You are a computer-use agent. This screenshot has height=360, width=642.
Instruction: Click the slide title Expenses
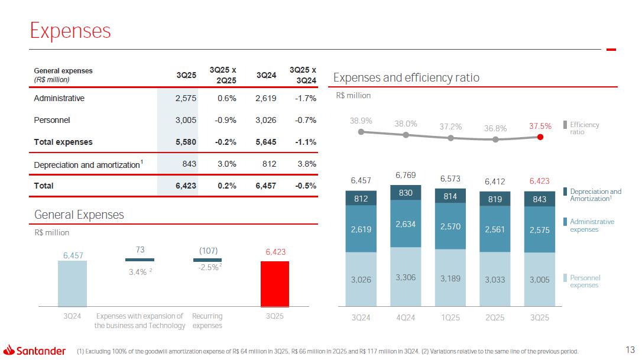[70, 30]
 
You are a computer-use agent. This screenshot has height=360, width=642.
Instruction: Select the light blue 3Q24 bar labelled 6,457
[72, 283]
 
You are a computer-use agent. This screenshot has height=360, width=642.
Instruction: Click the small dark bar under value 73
[140, 260]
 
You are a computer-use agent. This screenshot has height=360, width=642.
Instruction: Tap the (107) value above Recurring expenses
[207, 249]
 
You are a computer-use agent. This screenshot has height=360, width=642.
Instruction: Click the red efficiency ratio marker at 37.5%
[540, 137]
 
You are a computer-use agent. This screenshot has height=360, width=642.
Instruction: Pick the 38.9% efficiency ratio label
[361, 120]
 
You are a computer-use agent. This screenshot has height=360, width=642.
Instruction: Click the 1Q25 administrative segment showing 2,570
[450, 226]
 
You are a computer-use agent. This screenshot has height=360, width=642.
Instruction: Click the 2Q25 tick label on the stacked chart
[495, 317]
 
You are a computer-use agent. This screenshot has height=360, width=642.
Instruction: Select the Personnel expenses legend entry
[584, 281]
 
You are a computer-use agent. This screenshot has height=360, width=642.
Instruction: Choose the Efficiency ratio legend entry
[583, 128]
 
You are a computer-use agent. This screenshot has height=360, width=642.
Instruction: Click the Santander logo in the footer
[35, 351]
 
